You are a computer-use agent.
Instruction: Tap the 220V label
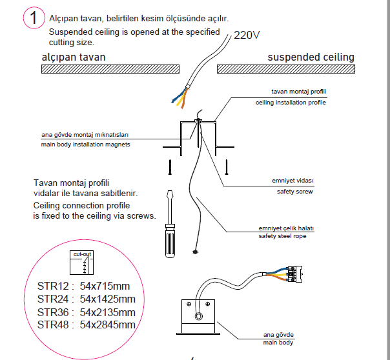point(247,35)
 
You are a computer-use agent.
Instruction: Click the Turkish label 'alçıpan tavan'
point(74,57)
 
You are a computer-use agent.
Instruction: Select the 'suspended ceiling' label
point(311,57)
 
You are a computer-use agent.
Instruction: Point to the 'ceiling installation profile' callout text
point(291,103)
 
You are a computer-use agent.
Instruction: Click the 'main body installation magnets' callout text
point(86,145)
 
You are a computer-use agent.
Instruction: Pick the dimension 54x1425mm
point(108,299)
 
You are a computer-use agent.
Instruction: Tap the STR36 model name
point(54,312)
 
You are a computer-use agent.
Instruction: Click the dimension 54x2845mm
point(108,324)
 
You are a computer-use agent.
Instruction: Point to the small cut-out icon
point(83,261)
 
